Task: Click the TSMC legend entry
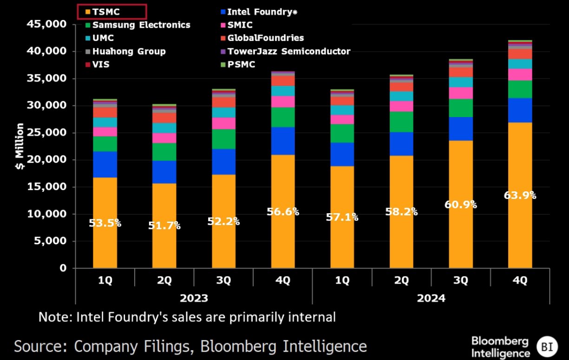pos(106,12)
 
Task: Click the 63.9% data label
pos(520,196)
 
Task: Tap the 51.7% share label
pos(164,226)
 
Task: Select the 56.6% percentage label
pos(282,212)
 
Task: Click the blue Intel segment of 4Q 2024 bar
pos(520,110)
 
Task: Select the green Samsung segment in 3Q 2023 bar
pos(223,139)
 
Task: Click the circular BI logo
pos(546,347)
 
